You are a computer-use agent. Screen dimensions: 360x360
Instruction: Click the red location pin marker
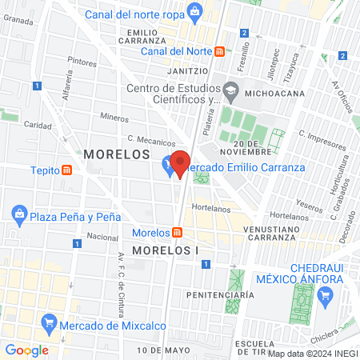point(181,164)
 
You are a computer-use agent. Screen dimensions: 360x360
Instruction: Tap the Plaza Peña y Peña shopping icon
point(18,215)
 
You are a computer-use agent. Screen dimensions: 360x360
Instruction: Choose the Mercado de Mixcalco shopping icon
point(50,324)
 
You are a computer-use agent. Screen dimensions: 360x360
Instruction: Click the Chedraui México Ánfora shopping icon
point(324,297)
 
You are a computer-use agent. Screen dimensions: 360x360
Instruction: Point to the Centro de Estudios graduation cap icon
point(231,88)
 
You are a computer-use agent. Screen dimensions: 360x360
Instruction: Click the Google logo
point(26,350)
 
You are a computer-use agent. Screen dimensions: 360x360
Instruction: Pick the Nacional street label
point(102,237)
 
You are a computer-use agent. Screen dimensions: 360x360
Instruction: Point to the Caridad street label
point(38,125)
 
